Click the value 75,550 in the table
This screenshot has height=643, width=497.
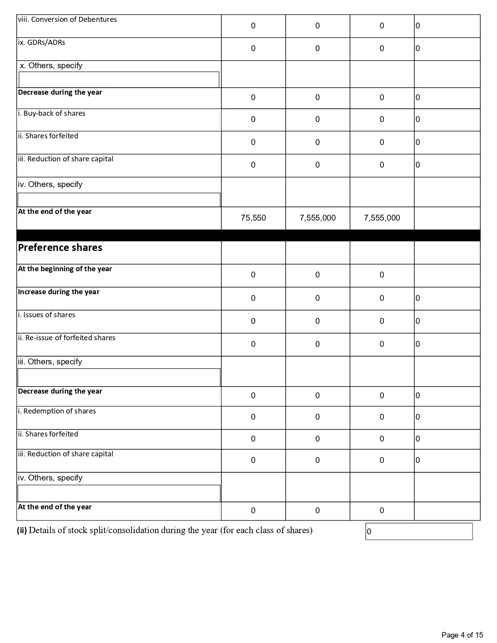pyautogui.click(x=253, y=218)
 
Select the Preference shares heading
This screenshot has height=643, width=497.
pyautogui.click(x=60, y=248)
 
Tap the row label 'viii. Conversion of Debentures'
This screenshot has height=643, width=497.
pyautogui.click(x=67, y=19)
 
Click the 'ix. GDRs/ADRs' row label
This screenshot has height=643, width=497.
pyautogui.click(x=42, y=42)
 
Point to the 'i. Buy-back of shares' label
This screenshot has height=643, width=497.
pyautogui.click(x=51, y=113)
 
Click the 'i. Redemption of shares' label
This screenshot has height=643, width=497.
pyautogui.click(x=57, y=411)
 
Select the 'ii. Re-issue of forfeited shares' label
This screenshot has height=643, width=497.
pyautogui.click(x=67, y=338)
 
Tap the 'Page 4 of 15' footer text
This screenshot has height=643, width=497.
pyautogui.click(x=462, y=635)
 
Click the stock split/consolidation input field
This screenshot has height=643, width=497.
pyautogui.click(x=419, y=532)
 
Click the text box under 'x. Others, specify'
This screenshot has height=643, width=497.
pyautogui.click(x=119, y=79)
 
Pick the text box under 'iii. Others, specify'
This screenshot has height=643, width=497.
pyautogui.click(x=119, y=377)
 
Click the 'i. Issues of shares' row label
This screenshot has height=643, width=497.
pyautogui.click(x=47, y=315)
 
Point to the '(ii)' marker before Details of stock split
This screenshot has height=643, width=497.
pyautogui.click(x=22, y=530)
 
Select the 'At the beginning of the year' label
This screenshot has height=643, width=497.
pyautogui.click(x=65, y=269)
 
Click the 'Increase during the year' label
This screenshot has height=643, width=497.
pyautogui.click(x=59, y=292)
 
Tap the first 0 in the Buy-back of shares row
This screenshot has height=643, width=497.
pyautogui.click(x=253, y=119)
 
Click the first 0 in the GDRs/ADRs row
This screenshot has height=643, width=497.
pyautogui.click(x=253, y=48)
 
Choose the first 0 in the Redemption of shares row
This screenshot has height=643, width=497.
pyautogui.click(x=253, y=417)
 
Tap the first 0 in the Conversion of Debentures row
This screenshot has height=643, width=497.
pyautogui.click(x=253, y=26)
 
